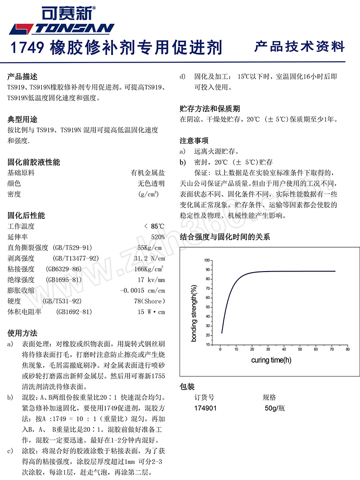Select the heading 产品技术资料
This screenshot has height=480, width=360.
(x=299, y=47)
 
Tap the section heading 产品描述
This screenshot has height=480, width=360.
(x=22, y=77)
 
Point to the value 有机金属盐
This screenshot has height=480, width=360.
(x=148, y=172)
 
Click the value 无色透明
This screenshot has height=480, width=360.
(x=151, y=183)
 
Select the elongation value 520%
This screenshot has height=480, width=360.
(x=158, y=237)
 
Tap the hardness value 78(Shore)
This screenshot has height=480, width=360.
(x=149, y=301)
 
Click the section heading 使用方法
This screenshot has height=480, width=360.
(x=22, y=333)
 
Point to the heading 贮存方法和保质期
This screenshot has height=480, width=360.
(x=210, y=109)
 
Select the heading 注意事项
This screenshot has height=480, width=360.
(x=194, y=140)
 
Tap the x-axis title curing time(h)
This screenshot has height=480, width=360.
(x=271, y=360)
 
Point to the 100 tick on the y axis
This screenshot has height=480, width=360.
(x=207, y=260)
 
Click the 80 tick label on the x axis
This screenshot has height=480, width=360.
(x=347, y=349)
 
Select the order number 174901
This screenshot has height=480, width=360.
(x=205, y=408)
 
